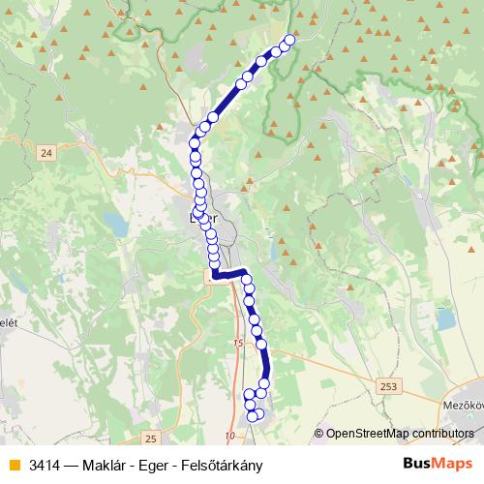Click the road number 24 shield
tap(46, 152)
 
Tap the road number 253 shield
tap(389, 386)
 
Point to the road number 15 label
tap(239, 344)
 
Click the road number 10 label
tap(230, 437)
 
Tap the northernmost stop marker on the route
tap(289, 40)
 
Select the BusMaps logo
tap(438, 464)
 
